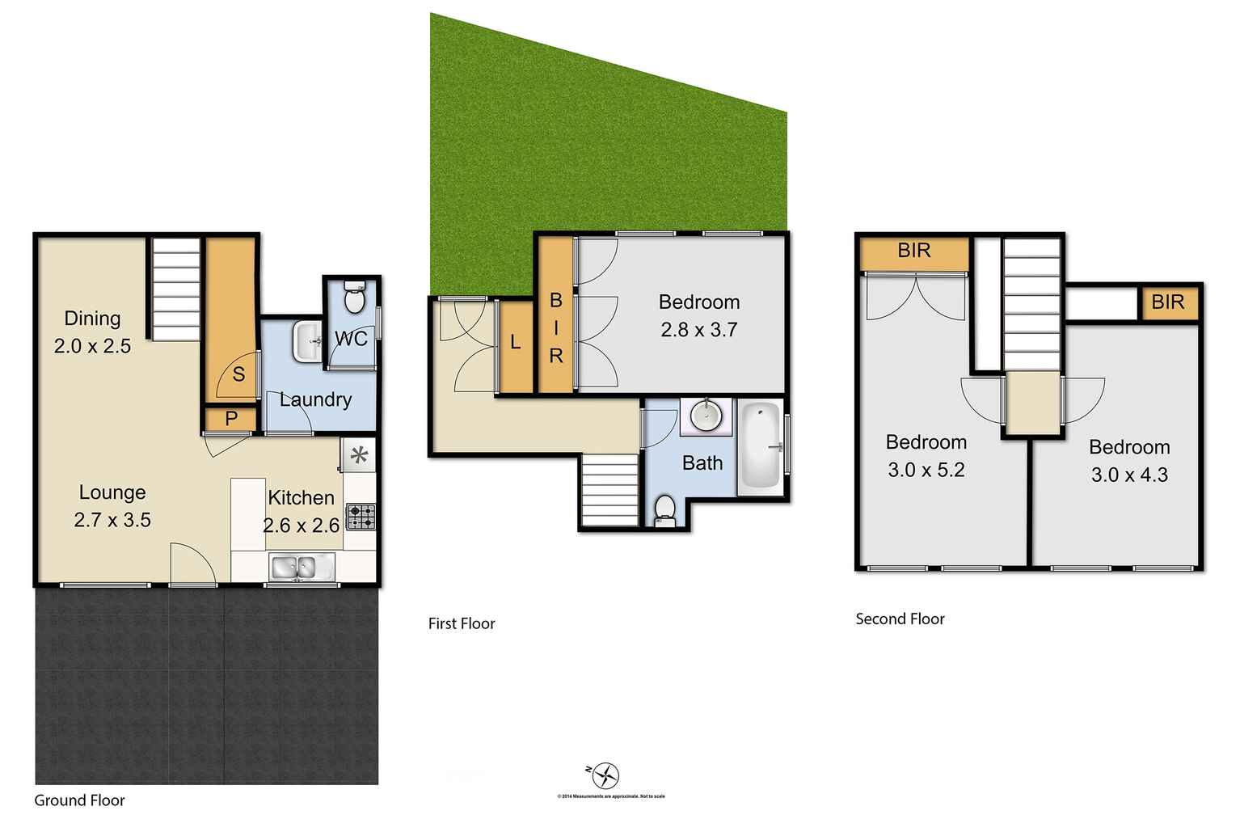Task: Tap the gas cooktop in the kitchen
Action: [361, 517]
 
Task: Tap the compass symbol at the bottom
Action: [606, 775]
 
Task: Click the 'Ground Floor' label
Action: [79, 800]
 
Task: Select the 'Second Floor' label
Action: [900, 619]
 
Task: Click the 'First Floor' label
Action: [462, 623]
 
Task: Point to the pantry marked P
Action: [231, 420]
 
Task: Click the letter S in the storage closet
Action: [238, 374]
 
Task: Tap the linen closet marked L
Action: [516, 343]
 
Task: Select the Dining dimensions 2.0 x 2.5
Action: [92, 346]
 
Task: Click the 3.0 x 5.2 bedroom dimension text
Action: [926, 470]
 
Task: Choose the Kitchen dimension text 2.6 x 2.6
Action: [302, 526]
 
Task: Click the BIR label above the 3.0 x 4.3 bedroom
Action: [1167, 302]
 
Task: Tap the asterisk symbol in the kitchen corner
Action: [359, 456]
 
